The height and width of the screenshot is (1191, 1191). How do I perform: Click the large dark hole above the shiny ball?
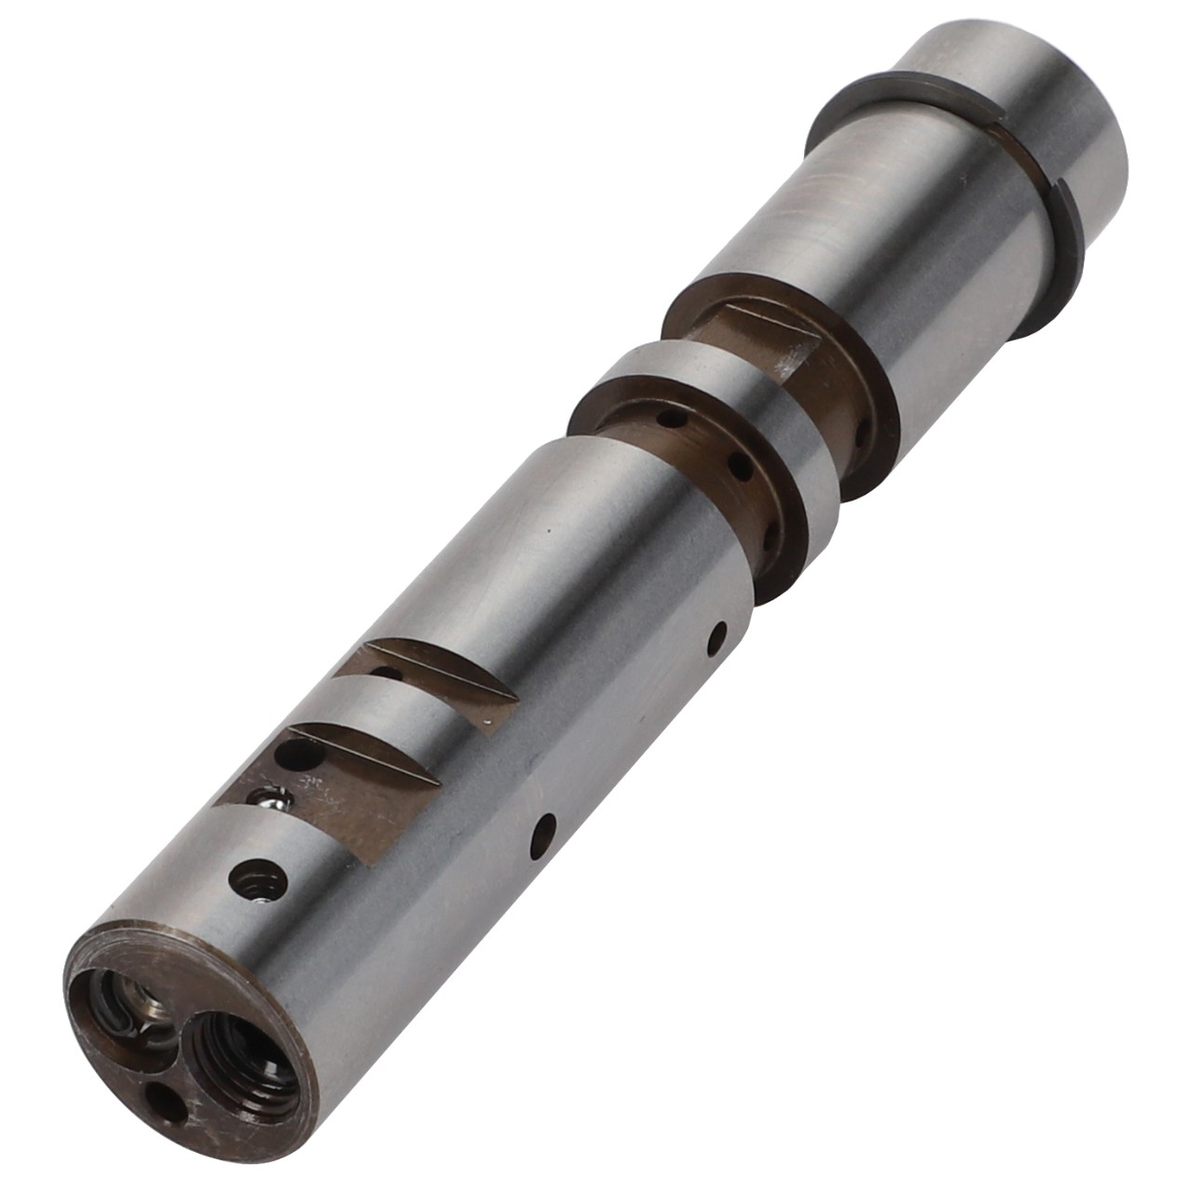tap(300, 754)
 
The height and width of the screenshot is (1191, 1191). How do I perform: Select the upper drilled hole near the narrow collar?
tap(716, 637)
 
